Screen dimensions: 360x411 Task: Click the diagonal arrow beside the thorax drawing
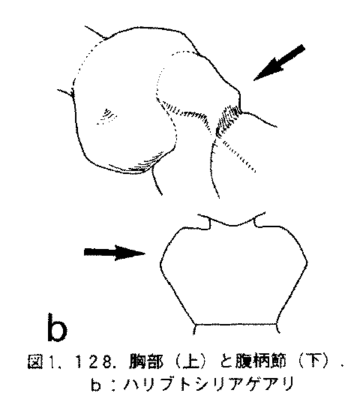click(280, 63)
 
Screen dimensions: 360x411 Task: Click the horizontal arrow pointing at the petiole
click(114, 253)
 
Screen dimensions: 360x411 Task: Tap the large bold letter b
click(57, 327)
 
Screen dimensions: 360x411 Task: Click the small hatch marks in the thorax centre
click(107, 116)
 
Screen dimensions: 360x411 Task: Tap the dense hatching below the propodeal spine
click(227, 119)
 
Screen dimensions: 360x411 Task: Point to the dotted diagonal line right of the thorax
click(239, 156)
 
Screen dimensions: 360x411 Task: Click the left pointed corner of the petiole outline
click(160, 264)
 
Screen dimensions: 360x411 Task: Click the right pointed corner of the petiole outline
click(307, 262)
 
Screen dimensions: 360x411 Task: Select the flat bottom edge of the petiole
click(235, 325)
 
